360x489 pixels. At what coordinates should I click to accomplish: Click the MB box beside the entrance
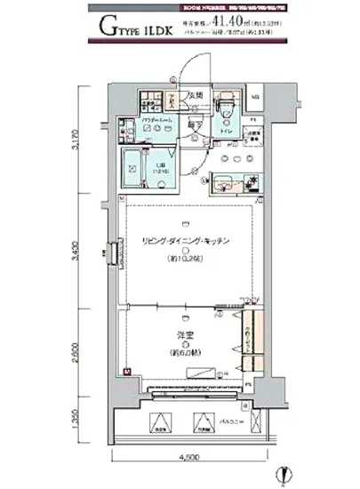point(255,95)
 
